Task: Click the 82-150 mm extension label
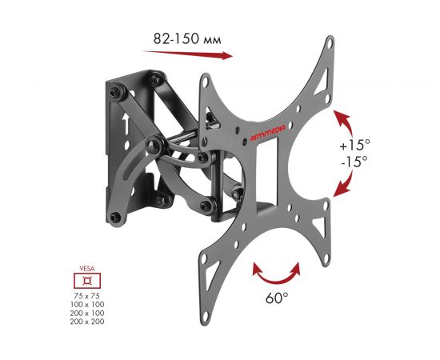point(187,38)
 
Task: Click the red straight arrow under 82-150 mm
point(187,54)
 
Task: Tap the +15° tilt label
point(354,146)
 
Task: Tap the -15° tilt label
point(354,162)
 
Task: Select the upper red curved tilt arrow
point(345,120)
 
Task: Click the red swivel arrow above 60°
point(276,275)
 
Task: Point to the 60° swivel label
point(277,298)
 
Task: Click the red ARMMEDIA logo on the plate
point(267,133)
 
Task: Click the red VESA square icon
point(87,281)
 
